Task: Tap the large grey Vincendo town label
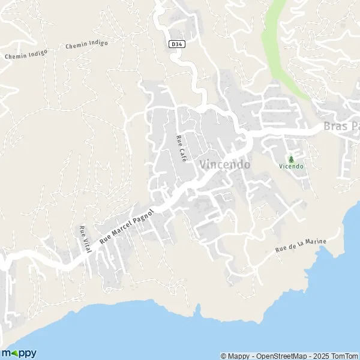(224, 164)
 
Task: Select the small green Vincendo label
(292, 166)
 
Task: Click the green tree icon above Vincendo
(292, 159)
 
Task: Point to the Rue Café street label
(178, 148)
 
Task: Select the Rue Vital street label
(83, 240)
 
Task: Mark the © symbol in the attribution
(224, 356)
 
